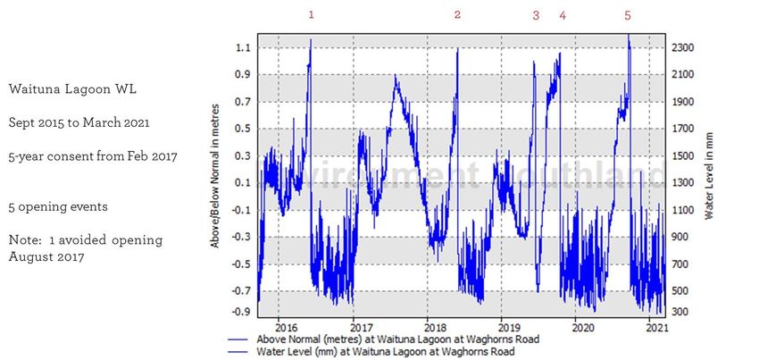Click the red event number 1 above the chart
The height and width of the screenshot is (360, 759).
pos(311,15)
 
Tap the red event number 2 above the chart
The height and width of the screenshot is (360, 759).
pos(457,15)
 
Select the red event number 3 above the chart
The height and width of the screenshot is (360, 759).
pos(536,15)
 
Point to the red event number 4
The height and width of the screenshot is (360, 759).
pos(563,15)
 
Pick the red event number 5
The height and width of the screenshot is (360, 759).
pos(628,15)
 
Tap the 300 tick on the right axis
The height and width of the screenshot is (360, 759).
pos(680,312)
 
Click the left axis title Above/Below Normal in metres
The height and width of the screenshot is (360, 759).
pos(216,179)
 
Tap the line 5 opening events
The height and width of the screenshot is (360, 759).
pos(58,206)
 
